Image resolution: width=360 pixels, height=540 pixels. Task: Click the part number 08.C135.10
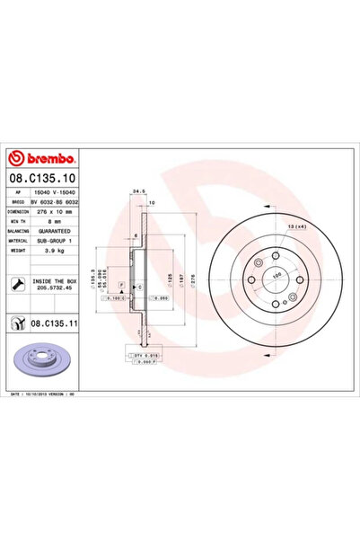click(x=47, y=179)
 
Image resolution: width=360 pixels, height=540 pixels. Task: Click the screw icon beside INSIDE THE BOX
click(x=19, y=286)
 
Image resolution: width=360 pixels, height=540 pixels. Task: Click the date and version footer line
click(x=50, y=394)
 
